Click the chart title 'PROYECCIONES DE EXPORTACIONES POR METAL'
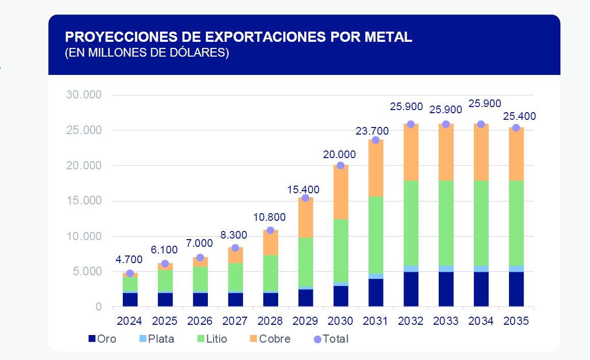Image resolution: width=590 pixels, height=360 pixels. (238, 38)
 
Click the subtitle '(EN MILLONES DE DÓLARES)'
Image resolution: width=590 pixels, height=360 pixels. (147, 53)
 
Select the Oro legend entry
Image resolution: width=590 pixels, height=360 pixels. (102, 339)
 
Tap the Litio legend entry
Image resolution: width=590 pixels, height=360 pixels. (211, 339)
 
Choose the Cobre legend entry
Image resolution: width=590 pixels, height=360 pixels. (270, 339)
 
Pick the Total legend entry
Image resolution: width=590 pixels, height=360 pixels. (331, 339)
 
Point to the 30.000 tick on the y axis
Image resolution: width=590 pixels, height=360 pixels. (84, 95)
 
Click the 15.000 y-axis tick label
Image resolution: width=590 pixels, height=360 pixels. (84, 201)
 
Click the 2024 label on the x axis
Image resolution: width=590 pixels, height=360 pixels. (129, 321)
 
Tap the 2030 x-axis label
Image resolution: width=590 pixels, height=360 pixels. (340, 321)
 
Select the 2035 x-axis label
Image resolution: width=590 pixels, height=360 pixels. (516, 321)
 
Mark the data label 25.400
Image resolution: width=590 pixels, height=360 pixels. (519, 116)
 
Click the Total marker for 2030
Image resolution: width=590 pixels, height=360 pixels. (340, 166)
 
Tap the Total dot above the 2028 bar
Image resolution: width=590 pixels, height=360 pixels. (270, 230)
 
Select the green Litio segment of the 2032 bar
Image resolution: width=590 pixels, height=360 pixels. (411, 223)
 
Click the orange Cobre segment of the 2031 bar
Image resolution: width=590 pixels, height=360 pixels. (376, 168)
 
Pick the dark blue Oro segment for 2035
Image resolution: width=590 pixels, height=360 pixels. (516, 289)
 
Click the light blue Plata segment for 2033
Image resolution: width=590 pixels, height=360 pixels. (446, 269)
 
